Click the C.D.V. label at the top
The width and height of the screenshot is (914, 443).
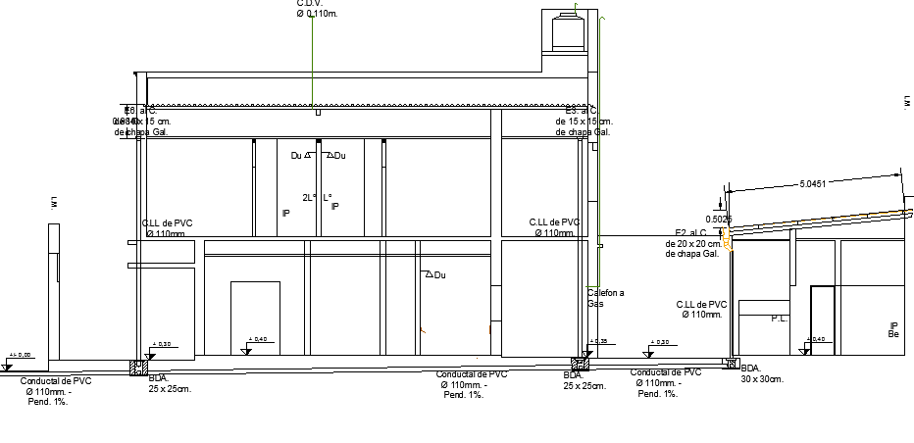pos(311,3)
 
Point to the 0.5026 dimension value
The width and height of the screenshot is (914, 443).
pos(719,220)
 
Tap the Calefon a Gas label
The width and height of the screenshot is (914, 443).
pos(605,298)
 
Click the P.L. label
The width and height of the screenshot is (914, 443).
pos(780,319)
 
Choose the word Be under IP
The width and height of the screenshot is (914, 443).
pos(893,335)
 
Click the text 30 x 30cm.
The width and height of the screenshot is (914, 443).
pos(764,378)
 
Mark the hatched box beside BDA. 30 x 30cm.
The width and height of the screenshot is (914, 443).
pos(730,363)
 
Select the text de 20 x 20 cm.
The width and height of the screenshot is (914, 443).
pos(698,243)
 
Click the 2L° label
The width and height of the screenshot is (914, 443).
pos(309,197)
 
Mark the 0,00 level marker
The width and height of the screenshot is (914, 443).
pos(20,356)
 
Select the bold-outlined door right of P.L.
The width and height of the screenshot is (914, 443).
pos(822,320)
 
